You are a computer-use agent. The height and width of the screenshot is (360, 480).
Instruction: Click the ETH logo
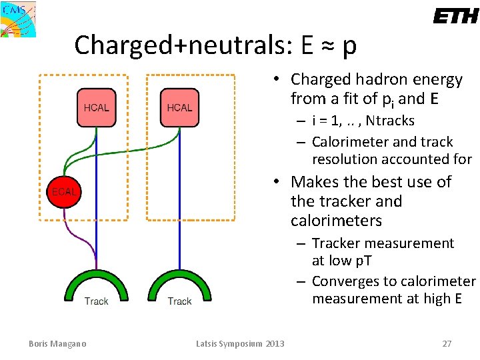point(455,16)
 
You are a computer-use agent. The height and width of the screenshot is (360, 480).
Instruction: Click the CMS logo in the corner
point(18,19)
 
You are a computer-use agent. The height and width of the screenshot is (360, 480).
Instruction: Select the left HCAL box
point(96,107)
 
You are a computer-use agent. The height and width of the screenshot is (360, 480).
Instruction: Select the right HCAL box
point(179,107)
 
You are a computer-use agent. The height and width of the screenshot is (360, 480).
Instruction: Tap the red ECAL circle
point(64,191)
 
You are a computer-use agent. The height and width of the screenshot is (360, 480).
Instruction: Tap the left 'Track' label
point(96,301)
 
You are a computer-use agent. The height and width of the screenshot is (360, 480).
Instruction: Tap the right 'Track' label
point(179,301)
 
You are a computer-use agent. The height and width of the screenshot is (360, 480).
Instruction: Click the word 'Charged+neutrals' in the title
point(183,45)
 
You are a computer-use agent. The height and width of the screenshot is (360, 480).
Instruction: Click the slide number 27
point(447,343)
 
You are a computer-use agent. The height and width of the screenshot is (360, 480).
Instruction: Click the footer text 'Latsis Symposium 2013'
point(240,343)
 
